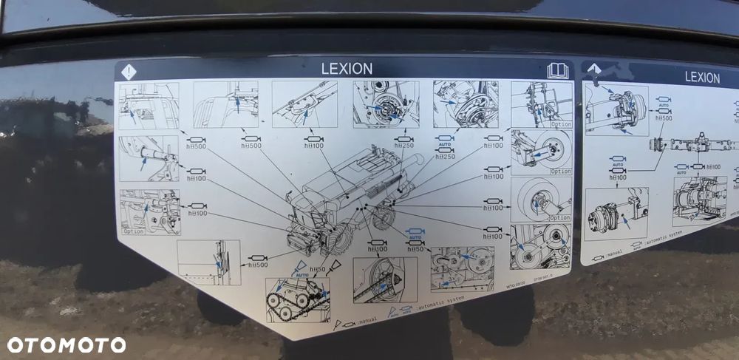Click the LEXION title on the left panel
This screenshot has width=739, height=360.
(347, 69)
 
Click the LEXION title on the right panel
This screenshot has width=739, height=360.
(702, 77)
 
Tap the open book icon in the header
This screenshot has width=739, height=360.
(558, 71)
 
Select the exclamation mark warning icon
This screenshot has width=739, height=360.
(129, 72)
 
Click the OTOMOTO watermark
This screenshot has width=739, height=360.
(67, 344)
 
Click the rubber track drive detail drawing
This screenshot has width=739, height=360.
(297, 299)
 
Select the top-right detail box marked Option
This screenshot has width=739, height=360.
(541, 104)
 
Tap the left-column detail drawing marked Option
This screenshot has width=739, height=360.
(149, 212)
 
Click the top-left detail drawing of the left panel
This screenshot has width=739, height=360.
(149, 105)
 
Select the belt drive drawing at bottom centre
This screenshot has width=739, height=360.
(384, 279)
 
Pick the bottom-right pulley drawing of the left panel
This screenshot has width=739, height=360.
(540, 246)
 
